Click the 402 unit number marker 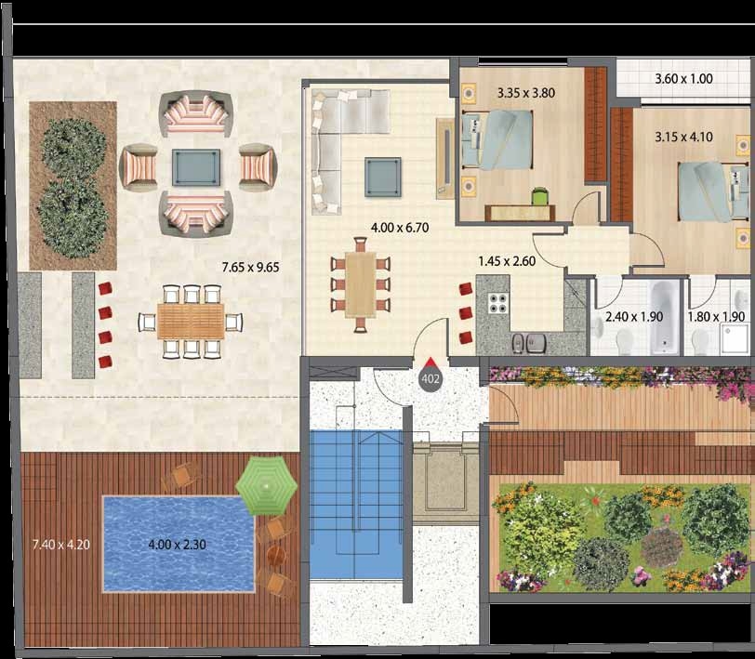(430, 378)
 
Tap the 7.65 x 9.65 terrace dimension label (250, 267)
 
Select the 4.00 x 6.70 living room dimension (400, 227)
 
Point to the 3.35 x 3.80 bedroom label (526, 92)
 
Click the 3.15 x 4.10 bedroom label (683, 138)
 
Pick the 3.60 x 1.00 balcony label (683, 78)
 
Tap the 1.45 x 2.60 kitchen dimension (507, 261)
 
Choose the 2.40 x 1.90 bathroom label (634, 317)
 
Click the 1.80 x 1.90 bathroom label (716, 317)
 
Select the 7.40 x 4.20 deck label (60, 545)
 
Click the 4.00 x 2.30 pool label (178, 545)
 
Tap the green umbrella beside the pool (266, 486)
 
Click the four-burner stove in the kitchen (498, 303)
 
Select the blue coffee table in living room (383, 178)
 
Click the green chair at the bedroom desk (540, 196)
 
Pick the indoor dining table (360, 284)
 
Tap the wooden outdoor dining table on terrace (191, 321)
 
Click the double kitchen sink (529, 343)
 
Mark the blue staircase (356, 505)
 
